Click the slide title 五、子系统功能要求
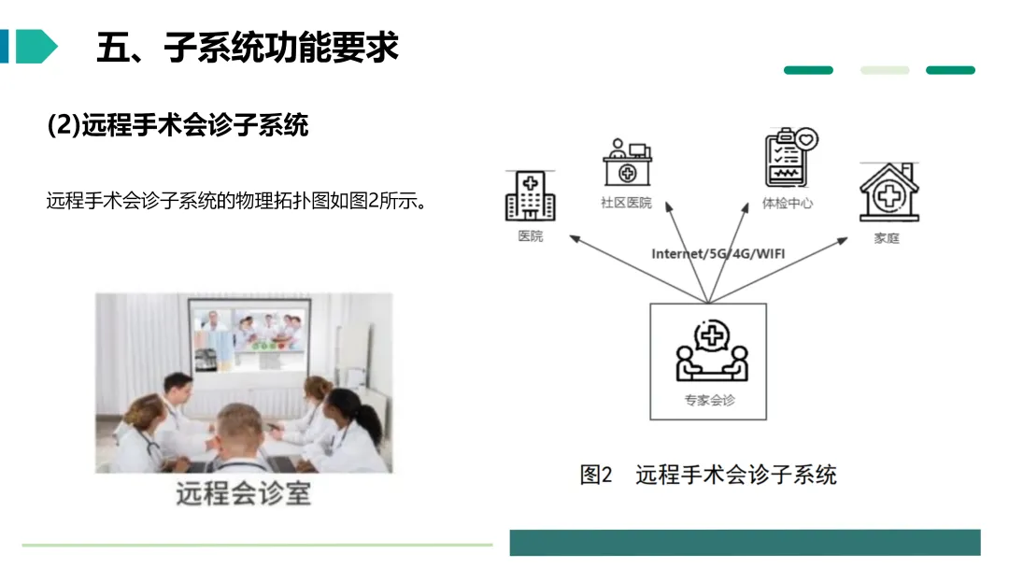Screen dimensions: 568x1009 point(248,48)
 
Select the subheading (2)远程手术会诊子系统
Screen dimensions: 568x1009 point(178,124)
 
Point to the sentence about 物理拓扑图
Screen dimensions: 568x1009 point(236,201)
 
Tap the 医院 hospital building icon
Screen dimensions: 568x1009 point(530,196)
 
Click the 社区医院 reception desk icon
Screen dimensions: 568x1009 point(626,163)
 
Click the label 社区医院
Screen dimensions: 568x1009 point(626,203)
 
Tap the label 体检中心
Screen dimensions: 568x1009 point(788,203)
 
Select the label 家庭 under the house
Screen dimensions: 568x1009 point(887,238)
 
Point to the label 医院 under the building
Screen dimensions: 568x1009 point(530,236)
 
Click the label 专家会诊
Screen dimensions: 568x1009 point(709,400)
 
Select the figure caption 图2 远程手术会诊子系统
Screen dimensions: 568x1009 point(708,475)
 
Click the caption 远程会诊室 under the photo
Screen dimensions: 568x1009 point(243,492)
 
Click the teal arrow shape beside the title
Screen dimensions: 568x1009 point(36,47)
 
